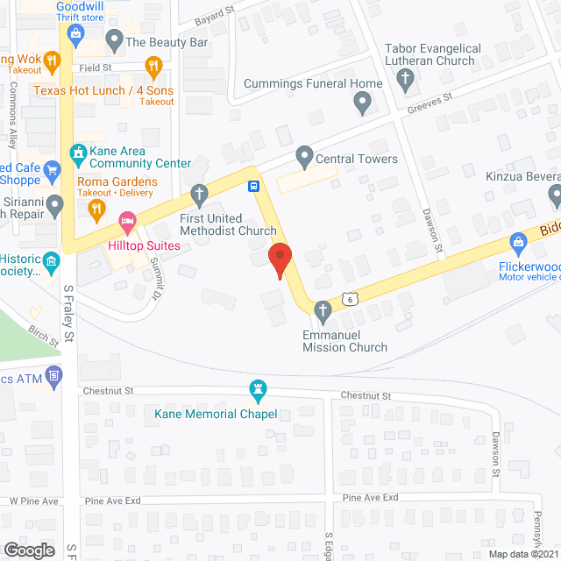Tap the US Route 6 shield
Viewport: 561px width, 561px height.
(x=349, y=299)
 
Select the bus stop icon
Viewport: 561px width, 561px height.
(x=253, y=185)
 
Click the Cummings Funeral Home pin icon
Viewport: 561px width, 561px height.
(x=362, y=105)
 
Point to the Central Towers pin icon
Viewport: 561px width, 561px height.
(x=304, y=159)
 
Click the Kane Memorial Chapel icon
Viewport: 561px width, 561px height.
(x=258, y=388)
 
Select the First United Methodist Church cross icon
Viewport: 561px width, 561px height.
(x=200, y=193)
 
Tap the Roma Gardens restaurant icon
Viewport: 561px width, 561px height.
(x=96, y=209)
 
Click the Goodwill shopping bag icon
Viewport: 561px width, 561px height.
(x=76, y=34)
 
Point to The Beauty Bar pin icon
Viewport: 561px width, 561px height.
(x=114, y=39)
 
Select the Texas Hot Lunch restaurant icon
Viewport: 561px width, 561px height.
(x=153, y=66)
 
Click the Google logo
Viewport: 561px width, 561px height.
(x=28, y=550)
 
